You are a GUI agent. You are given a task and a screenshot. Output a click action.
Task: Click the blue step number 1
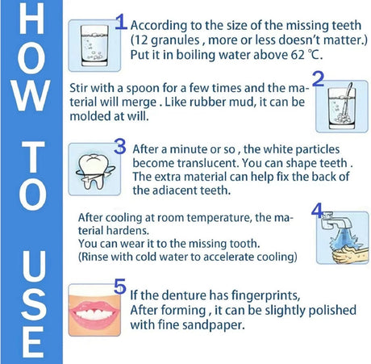pyautogui.click(x=121, y=22)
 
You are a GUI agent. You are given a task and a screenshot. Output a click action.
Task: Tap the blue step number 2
pyautogui.click(x=318, y=79)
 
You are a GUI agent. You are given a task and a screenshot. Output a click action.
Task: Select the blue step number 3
pyautogui.click(x=120, y=146)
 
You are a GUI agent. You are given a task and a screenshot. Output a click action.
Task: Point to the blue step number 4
pyautogui.click(x=317, y=210)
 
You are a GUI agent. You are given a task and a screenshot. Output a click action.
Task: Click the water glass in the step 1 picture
pyautogui.click(x=94, y=46)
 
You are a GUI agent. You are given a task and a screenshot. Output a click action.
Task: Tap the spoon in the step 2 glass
pyautogui.click(x=347, y=100)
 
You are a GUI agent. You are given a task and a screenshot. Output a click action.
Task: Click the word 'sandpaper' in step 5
pyautogui.click(x=213, y=325)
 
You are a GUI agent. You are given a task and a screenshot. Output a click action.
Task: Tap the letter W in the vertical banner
pyautogui.click(x=31, y=95)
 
